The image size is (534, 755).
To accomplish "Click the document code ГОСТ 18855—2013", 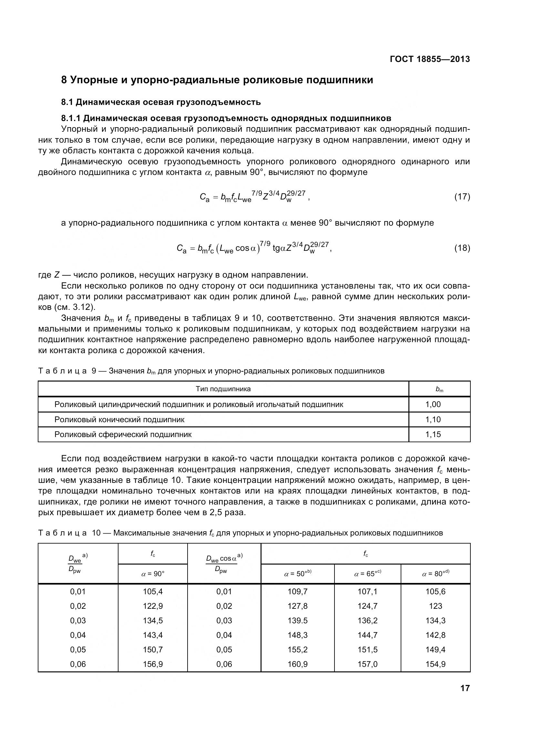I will pyautogui.click(x=430, y=59).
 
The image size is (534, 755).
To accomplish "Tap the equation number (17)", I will pyautogui.click(x=462, y=197).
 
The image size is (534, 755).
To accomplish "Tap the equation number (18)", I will pyautogui.click(x=462, y=248).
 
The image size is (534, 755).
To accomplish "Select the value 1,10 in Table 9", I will pyautogui.click(x=433, y=420).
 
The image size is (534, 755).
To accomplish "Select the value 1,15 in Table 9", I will pyautogui.click(x=433, y=434).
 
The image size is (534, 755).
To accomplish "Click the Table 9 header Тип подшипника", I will pyautogui.click(x=223, y=389).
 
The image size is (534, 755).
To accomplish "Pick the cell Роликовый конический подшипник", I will pyautogui.click(x=119, y=420).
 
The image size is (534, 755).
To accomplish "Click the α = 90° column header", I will pyautogui.click(x=153, y=574).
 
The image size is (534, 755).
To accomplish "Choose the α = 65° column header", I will pyautogui.click(x=367, y=574).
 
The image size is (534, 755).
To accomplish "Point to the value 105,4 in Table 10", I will pyautogui.click(x=153, y=592).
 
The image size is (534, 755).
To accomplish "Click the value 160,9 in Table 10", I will pyautogui.click(x=298, y=664).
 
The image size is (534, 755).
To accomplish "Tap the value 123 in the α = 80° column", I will pyautogui.click(x=435, y=606).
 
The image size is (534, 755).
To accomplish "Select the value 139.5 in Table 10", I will pyautogui.click(x=298, y=620).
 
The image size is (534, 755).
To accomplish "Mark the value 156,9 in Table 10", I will pyautogui.click(x=153, y=664).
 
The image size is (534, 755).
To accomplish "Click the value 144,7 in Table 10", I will pyautogui.click(x=367, y=635).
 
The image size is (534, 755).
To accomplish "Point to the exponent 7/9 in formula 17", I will pyautogui.click(x=257, y=193).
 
